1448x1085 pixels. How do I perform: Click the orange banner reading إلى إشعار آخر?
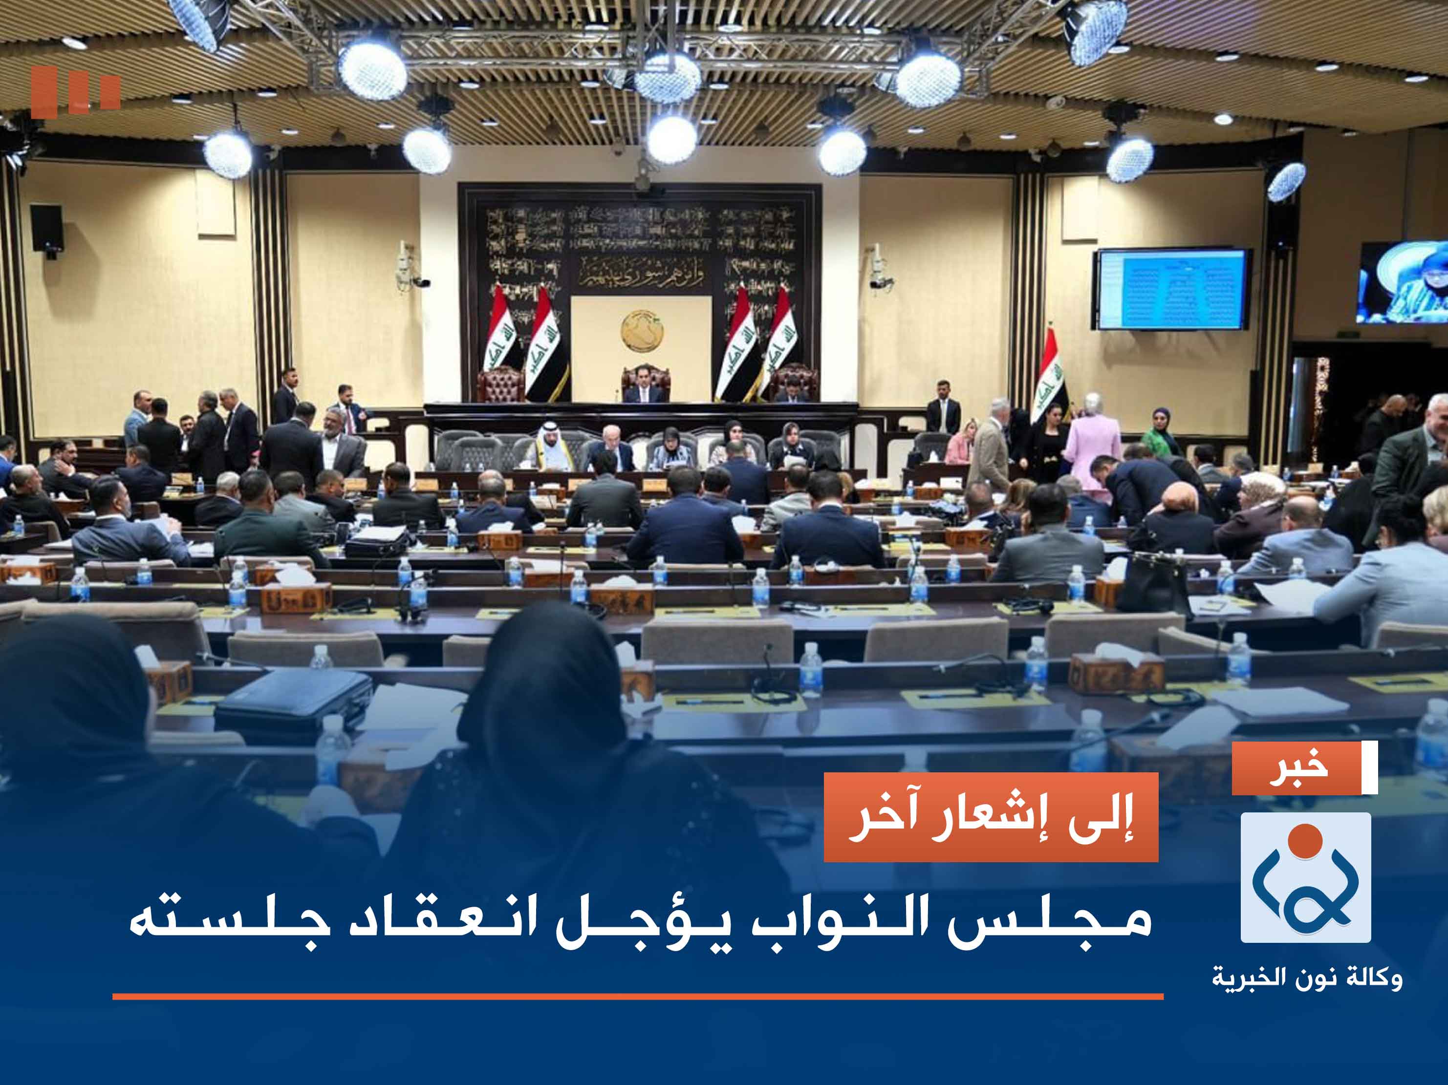[991, 817]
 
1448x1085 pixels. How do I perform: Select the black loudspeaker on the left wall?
[46, 229]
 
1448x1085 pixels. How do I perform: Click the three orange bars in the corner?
[75, 92]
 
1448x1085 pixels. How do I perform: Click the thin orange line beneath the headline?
[638, 997]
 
